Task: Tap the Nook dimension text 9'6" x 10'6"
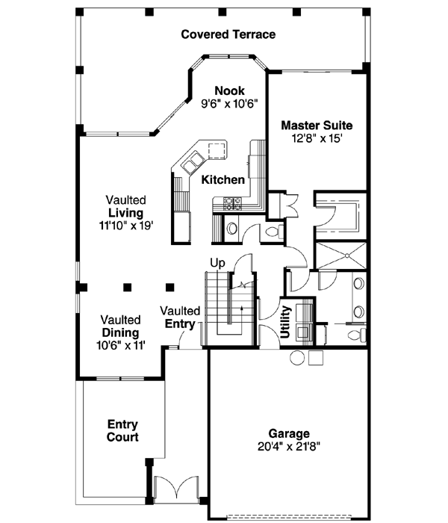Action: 229,105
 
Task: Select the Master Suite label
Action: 317,126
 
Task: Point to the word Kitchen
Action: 223,180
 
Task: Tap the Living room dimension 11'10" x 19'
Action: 125,226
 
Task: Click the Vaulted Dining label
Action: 120,326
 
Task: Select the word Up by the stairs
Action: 217,263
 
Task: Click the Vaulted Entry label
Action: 180,318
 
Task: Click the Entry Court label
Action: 122,430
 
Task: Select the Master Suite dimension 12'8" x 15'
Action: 317,138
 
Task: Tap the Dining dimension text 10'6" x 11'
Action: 120,345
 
